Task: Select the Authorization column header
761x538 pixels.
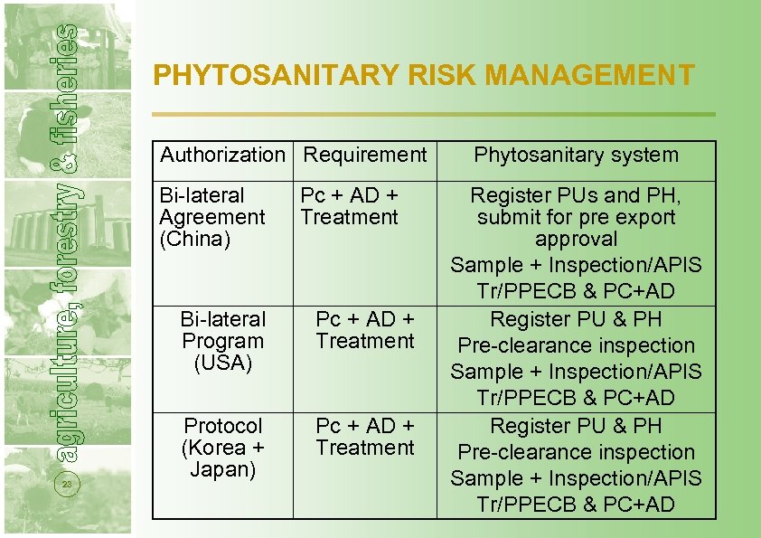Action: click(x=222, y=155)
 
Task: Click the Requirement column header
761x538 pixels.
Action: click(x=365, y=155)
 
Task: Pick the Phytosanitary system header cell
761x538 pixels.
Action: click(x=576, y=155)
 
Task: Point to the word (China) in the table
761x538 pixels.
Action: click(x=195, y=240)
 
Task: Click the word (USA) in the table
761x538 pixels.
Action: click(x=222, y=363)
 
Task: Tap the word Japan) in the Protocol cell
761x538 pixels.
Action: click(x=222, y=469)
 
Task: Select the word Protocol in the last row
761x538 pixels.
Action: click(x=222, y=426)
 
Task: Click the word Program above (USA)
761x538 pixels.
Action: click(x=222, y=342)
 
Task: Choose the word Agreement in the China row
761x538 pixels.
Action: click(x=212, y=218)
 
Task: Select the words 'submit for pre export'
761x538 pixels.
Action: click(x=576, y=218)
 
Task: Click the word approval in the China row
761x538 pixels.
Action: click(x=576, y=240)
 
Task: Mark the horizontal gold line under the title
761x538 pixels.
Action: click(x=434, y=114)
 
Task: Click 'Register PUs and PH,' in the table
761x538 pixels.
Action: click(x=576, y=195)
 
